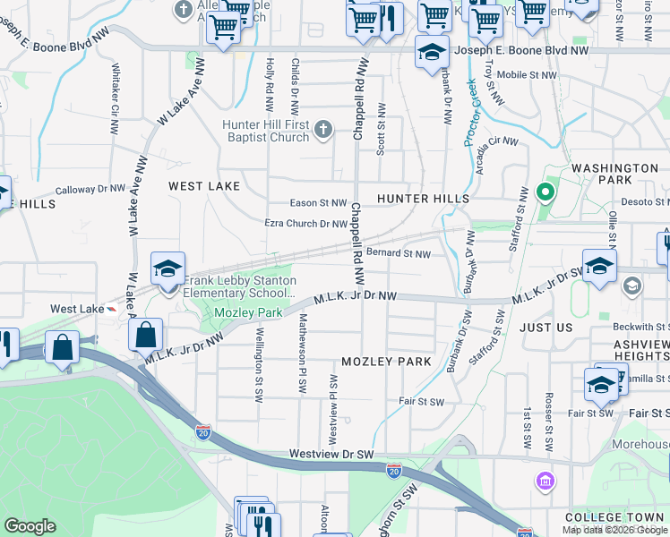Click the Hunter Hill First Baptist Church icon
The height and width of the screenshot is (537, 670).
click(x=323, y=132)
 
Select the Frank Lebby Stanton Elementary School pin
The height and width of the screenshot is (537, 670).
click(x=167, y=269)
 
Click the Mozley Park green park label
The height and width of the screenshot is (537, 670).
click(x=249, y=312)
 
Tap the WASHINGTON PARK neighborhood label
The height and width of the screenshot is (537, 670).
click(x=614, y=174)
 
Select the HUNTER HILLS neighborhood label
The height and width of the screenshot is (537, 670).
click(x=423, y=198)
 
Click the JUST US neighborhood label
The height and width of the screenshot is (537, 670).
click(x=545, y=328)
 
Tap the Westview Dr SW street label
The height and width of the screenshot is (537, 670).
click(x=331, y=455)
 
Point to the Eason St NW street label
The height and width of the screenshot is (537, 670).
click(x=317, y=203)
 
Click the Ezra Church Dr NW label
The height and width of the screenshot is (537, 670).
click(x=305, y=224)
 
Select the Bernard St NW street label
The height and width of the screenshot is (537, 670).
click(x=399, y=253)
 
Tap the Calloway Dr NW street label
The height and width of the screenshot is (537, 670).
click(x=90, y=190)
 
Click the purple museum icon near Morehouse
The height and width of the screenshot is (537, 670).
click(x=544, y=482)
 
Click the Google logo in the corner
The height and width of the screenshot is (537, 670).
click(x=30, y=526)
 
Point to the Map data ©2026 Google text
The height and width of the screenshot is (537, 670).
click(x=614, y=530)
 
